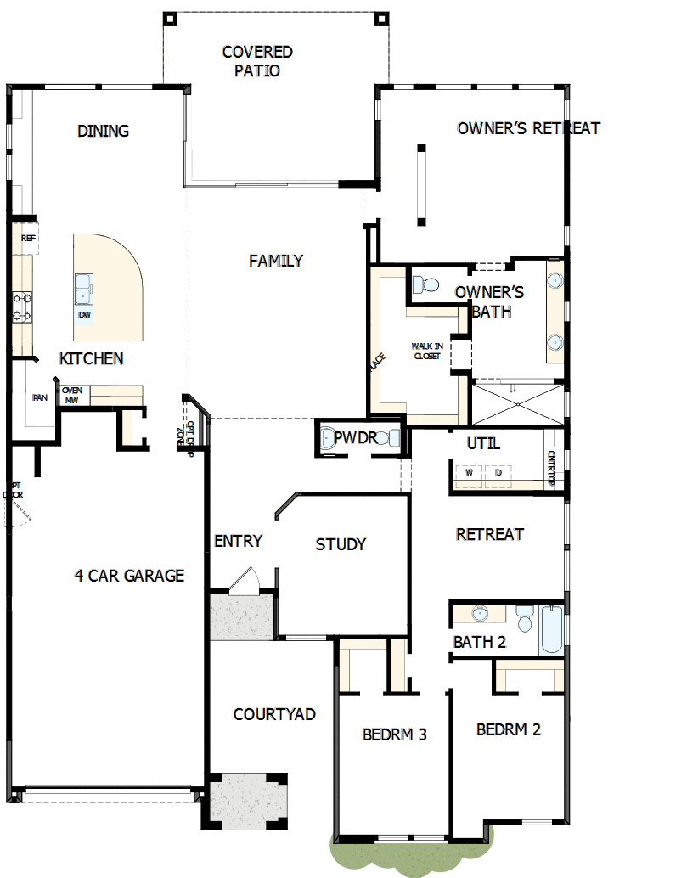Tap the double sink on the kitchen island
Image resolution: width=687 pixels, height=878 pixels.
click(84, 289)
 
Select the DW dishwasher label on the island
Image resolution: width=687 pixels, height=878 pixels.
click(84, 315)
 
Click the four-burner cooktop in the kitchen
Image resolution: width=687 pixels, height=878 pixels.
click(22, 307)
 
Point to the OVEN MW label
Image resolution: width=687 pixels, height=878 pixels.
click(72, 395)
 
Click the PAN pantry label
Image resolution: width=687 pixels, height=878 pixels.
click(39, 397)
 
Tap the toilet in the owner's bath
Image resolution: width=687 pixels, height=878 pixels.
click(424, 284)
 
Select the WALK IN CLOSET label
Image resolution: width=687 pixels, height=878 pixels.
click(427, 351)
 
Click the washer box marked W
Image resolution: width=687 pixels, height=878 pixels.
click(468, 471)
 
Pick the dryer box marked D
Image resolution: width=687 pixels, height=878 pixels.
click(498, 471)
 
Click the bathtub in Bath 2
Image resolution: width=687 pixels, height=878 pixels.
click(551, 629)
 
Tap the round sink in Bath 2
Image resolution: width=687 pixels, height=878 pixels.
click(480, 614)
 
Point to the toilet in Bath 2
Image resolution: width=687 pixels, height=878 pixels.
click(523, 617)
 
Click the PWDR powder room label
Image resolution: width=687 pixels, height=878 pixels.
click(354, 438)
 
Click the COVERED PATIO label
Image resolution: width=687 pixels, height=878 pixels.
click(257, 61)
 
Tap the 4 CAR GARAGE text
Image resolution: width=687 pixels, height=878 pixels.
click(129, 576)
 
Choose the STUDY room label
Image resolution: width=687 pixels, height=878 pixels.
click(341, 544)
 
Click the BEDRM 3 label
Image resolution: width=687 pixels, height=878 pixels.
click(394, 734)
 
